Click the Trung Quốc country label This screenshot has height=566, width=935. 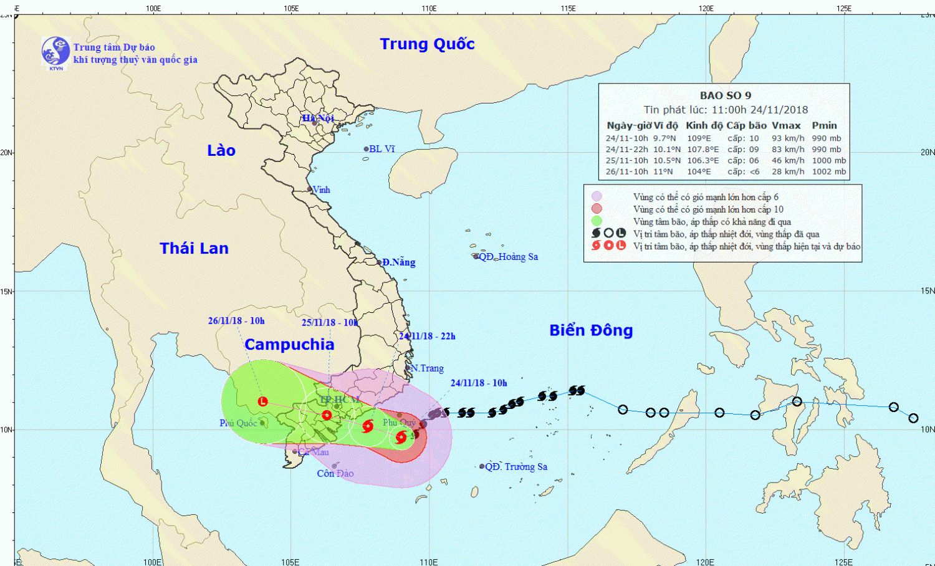coord(427,44)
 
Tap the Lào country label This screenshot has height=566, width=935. coord(221,151)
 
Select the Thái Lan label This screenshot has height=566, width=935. coord(194,249)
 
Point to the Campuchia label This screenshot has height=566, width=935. coord(289,345)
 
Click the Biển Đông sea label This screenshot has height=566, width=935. coord(591,330)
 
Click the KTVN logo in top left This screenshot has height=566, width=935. coord(55,52)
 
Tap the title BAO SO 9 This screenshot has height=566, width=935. coord(725,95)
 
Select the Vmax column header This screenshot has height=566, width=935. coord(786,125)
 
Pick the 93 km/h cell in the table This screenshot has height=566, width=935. coord(788,138)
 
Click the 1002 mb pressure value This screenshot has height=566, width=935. coord(828,171)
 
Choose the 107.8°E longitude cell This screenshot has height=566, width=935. coord(702,150)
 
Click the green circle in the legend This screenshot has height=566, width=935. coord(597,221)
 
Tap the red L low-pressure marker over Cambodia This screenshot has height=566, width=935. coord(262,402)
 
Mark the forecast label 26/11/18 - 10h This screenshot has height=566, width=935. coord(236,321)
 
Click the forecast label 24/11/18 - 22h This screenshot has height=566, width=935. coord(427,336)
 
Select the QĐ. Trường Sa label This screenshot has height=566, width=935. coord(516,467)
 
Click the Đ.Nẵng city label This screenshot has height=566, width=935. coord(398,262)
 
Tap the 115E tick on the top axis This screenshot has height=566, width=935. coord(568,8)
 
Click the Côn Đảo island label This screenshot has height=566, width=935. coord(335,474)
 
